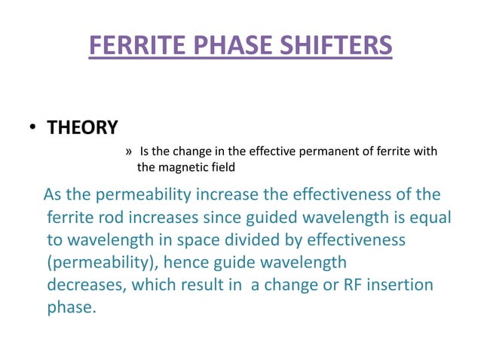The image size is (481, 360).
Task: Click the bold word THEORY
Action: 83,128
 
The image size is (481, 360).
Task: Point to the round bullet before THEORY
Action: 33,129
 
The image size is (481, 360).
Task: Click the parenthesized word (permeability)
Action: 103,263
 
